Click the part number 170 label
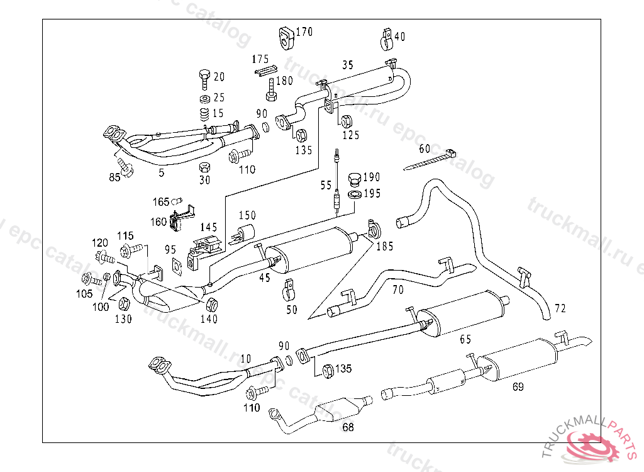point(304,31)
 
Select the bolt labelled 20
point(204,79)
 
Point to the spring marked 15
point(204,116)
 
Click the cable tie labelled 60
point(430,160)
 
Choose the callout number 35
point(348,65)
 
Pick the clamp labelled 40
point(386,39)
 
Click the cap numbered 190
point(355,179)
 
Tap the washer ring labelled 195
point(355,194)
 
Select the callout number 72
point(560,308)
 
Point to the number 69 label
point(518,387)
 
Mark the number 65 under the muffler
point(465,339)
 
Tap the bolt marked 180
point(271,89)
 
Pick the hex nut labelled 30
point(204,168)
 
